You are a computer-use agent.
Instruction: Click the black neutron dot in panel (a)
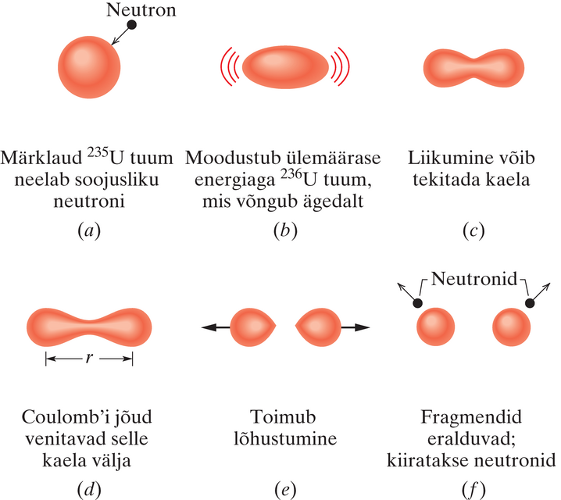pos(132,25)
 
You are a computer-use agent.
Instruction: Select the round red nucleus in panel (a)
pos(90,64)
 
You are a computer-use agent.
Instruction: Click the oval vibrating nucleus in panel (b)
pos(284,67)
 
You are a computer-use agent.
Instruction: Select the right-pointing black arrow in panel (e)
pos(356,327)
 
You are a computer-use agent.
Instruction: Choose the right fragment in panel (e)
pos(316,327)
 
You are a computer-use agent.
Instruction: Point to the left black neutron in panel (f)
pos(419,303)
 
